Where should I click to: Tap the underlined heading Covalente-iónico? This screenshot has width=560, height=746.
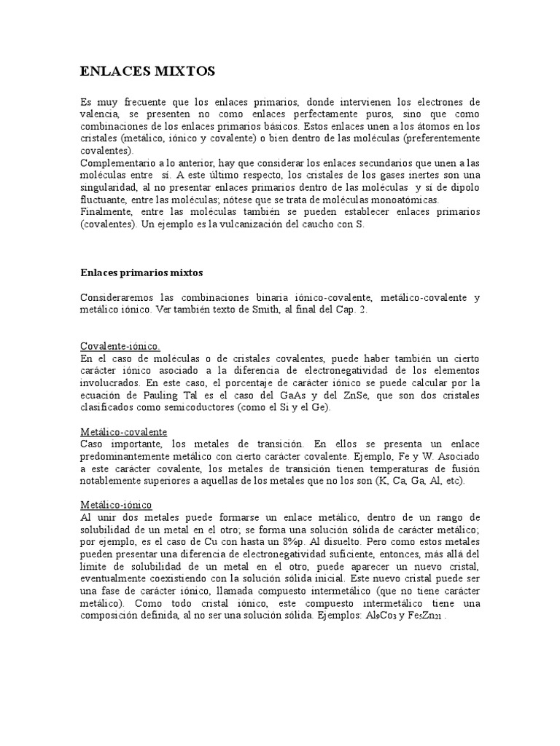(x=119, y=345)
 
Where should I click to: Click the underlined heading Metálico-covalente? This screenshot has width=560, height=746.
(x=123, y=431)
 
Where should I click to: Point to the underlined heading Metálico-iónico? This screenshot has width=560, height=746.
(x=117, y=504)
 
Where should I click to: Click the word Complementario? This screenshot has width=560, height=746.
(x=119, y=162)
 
